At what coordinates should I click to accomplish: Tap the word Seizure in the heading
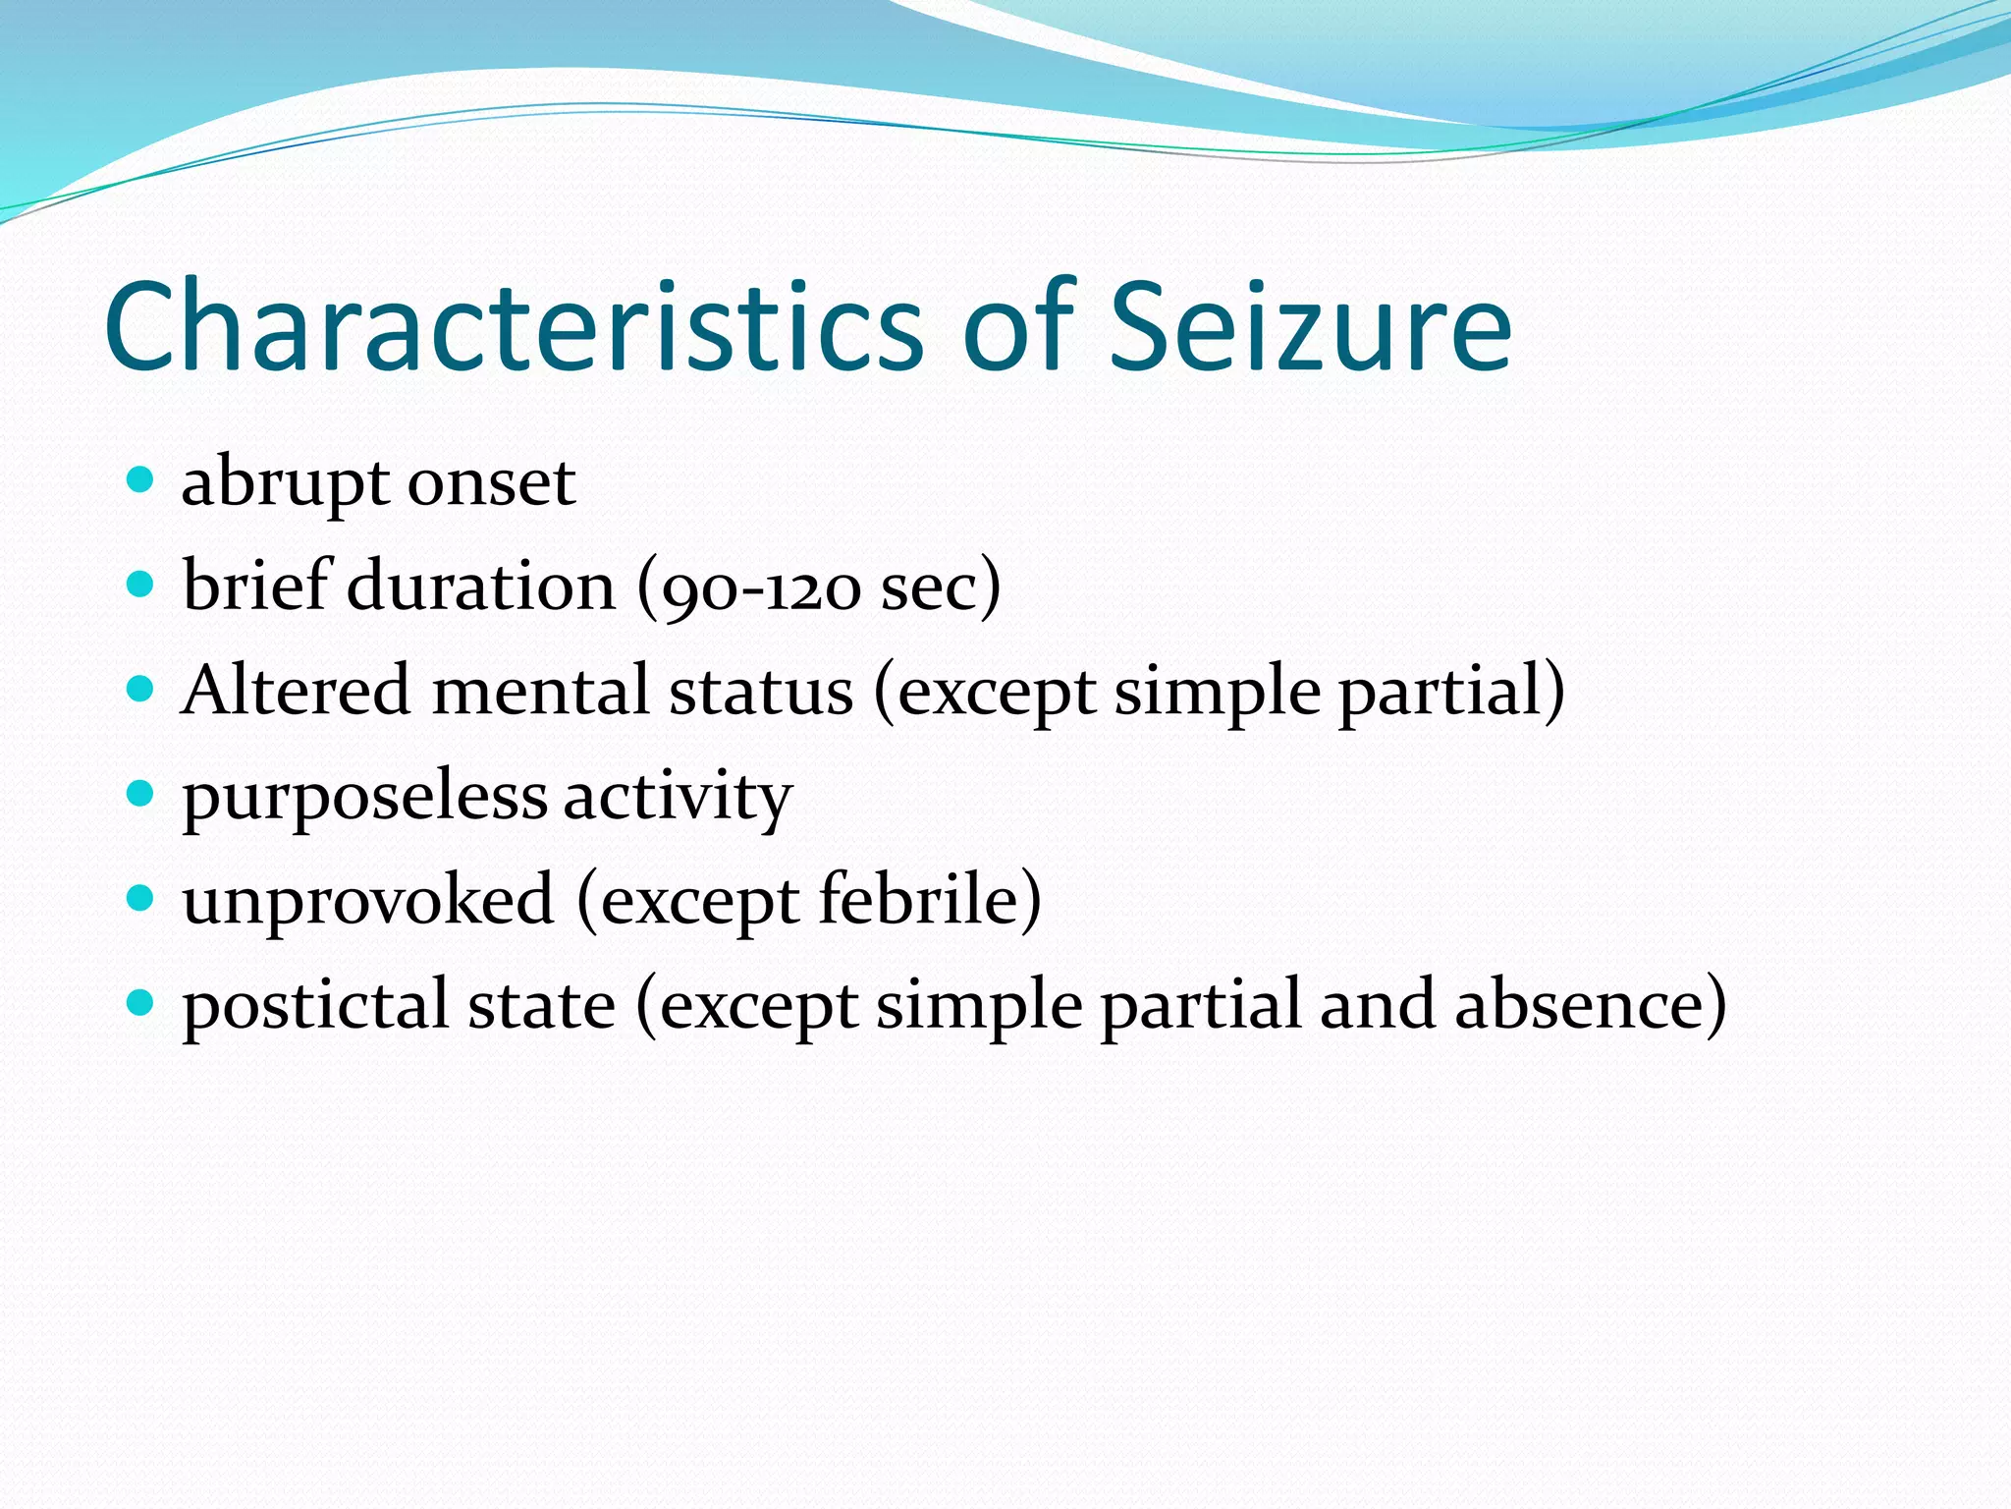(1310, 326)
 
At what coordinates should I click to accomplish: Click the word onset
(491, 483)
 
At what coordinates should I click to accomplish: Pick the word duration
(481, 586)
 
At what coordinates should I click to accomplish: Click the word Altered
(296, 690)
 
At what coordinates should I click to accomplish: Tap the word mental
(540, 690)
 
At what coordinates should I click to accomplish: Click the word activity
(678, 796)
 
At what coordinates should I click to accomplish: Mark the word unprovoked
(368, 900)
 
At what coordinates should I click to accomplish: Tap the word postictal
(314, 1005)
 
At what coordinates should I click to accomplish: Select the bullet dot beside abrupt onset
(141, 480)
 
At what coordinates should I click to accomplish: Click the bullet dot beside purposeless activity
(141, 793)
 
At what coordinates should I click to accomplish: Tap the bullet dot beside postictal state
(141, 1002)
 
